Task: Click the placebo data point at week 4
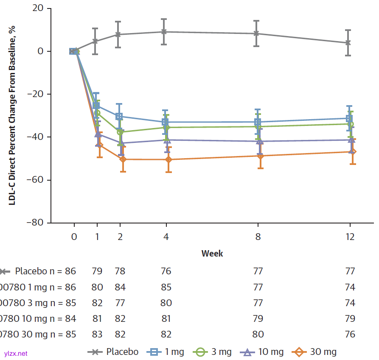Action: pos(166,32)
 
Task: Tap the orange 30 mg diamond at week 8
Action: pos(260,156)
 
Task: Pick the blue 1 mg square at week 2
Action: pos(120,116)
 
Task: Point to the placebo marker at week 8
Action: pos(256,33)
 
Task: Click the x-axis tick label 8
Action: pos(258,237)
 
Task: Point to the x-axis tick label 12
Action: pos(350,237)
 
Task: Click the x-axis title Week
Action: pos(212,254)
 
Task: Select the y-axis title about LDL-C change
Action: pos(13,114)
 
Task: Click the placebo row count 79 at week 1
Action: pos(97,271)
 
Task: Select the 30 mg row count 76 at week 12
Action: pos(350,334)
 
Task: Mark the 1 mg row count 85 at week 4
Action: pos(166,287)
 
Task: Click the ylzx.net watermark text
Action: pos(16,353)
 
